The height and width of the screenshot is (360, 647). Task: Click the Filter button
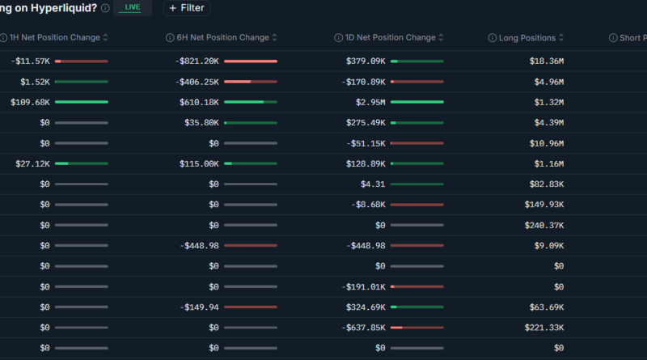coord(186,8)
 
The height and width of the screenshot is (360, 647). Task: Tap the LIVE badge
coord(132,7)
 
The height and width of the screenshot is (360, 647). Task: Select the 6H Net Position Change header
coord(222,38)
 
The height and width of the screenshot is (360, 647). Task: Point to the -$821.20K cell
coord(197,61)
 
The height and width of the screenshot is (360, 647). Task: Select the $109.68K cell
coord(31,102)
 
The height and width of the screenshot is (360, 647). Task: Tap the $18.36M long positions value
coord(546,61)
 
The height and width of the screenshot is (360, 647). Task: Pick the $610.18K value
coord(199,102)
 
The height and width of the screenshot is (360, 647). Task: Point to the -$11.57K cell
coord(31,61)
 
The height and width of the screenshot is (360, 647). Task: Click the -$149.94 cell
coord(199,307)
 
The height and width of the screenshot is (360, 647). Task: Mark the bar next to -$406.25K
coord(250,82)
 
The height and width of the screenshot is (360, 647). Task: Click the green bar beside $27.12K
coord(81,163)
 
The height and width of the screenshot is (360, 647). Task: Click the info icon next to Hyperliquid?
coord(105,8)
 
